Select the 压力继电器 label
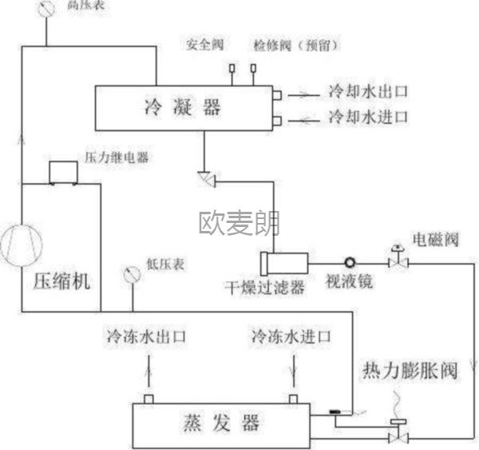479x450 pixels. [117, 158]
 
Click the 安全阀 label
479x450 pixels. [204, 45]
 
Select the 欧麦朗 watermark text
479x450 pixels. [239, 222]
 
